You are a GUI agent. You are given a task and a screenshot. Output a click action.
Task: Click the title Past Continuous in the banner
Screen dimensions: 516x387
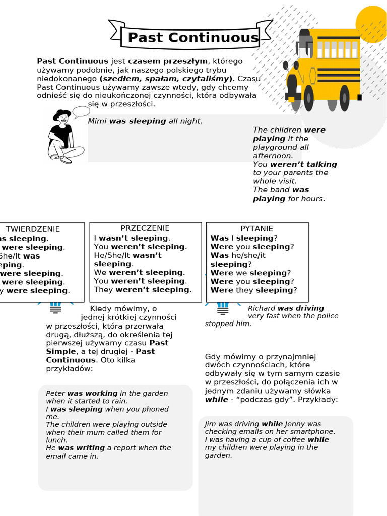[193, 38]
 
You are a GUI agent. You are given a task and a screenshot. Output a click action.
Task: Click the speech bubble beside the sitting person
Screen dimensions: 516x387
[81, 111]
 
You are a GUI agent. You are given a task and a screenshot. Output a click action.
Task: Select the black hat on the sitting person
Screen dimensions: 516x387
[62, 114]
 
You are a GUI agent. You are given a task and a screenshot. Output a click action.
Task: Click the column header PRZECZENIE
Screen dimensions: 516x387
[145, 228]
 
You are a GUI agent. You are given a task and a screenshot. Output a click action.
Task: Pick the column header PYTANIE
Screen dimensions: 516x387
[256, 229]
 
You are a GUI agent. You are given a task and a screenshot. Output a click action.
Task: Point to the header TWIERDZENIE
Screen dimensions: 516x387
[33, 229]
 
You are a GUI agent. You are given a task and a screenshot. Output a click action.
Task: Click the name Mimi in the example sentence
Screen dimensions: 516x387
[97, 121]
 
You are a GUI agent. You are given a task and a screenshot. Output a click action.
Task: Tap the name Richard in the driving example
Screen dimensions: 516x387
[262, 308]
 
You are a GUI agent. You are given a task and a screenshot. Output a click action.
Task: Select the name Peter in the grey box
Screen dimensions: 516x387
[55, 393]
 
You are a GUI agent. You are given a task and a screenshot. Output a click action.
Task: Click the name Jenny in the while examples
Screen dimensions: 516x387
[295, 424]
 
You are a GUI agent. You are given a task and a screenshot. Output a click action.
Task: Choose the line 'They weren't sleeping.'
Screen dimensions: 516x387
[143, 290]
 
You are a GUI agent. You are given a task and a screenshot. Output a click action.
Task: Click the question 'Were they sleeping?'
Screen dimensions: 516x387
[253, 290]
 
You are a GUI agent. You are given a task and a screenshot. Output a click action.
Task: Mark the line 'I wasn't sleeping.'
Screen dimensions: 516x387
[132, 238]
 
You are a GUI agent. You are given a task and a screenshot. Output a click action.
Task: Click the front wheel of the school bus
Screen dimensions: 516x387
[308, 98]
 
